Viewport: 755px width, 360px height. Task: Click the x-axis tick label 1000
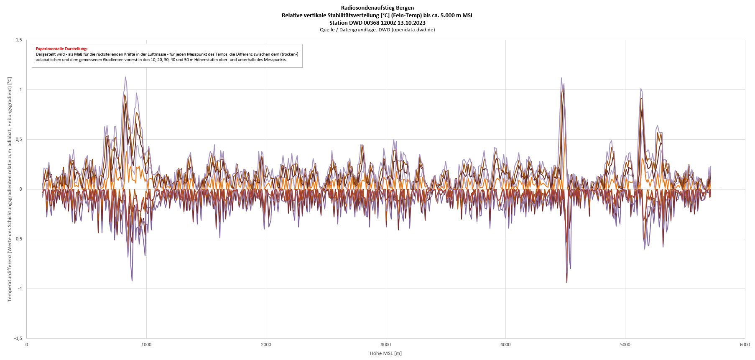[146, 345]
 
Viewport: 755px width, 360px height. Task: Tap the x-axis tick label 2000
[266, 345]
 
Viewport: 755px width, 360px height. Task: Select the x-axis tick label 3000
[385, 345]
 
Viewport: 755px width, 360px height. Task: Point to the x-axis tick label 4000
[505, 345]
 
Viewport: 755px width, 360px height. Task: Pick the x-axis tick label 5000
[625, 345]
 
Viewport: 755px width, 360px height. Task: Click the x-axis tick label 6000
[745, 345]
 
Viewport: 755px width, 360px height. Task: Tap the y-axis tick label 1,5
[19, 40]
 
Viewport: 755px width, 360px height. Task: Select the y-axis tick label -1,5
[18, 338]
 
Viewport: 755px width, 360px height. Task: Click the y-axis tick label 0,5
[19, 139]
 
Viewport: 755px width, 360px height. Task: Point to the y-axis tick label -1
[20, 289]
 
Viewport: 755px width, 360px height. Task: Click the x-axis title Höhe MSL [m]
[385, 353]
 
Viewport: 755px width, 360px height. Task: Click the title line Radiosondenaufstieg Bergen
[377, 8]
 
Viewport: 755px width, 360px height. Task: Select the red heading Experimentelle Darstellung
[61, 49]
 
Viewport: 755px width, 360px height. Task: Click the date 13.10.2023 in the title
[412, 23]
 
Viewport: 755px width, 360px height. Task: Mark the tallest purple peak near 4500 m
[561, 78]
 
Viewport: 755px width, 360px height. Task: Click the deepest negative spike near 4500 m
[567, 282]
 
